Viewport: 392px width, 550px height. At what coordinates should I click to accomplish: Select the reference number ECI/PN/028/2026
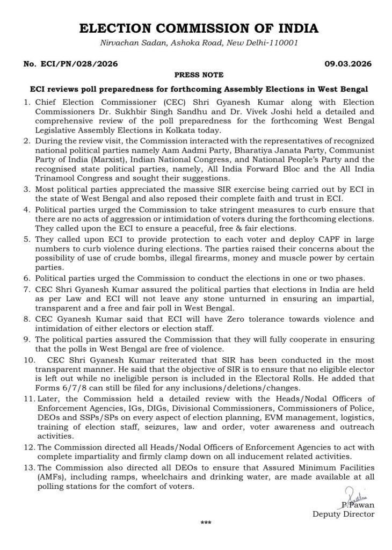(79, 64)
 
